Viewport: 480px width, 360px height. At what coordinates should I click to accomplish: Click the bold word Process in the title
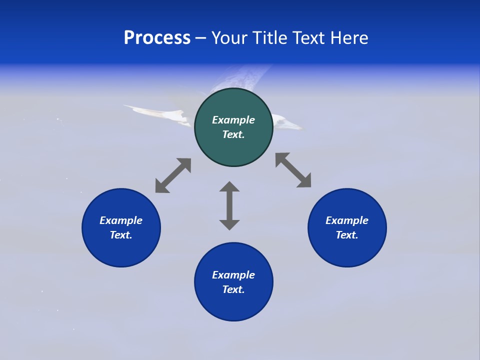coord(157,38)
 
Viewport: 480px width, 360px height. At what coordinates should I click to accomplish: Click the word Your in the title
coord(230,38)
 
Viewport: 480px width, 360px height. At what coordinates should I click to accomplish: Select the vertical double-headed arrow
coord(229,205)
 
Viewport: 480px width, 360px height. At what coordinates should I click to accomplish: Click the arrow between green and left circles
coord(173,175)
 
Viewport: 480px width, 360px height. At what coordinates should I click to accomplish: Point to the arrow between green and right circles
coord(293,170)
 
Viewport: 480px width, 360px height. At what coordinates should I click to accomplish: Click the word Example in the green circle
coord(233,120)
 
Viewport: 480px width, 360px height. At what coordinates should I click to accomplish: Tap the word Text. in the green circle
coord(233,134)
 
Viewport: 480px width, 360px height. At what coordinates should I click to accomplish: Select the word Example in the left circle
coord(121,220)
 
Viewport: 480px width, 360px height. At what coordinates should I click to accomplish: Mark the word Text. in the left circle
coord(121,235)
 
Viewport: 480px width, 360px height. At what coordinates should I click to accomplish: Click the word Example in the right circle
coord(347,220)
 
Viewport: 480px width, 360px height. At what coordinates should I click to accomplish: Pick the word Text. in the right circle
coord(347,235)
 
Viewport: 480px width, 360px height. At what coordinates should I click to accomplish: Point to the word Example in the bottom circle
coord(233,275)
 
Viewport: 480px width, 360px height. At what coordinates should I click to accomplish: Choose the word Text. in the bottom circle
coord(233,289)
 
